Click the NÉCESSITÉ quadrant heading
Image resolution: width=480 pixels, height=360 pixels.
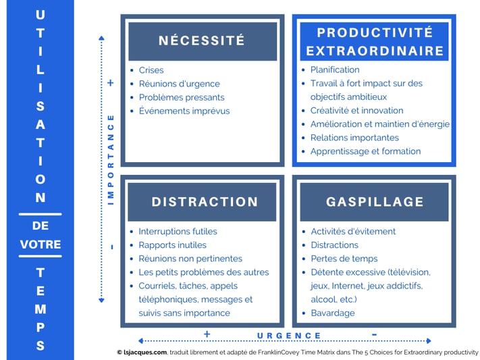(x=203, y=41)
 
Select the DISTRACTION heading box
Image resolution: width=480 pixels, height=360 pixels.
(x=202, y=202)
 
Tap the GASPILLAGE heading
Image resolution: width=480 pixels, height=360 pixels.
(x=375, y=202)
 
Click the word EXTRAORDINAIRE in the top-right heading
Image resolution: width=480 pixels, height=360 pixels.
(x=375, y=51)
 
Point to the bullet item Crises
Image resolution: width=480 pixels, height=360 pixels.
(x=151, y=70)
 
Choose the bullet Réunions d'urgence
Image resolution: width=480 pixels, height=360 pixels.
(x=180, y=84)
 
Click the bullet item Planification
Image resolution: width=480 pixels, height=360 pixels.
(x=335, y=70)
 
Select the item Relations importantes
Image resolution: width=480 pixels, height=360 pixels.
(x=354, y=138)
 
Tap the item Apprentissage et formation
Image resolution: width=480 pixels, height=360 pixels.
(x=365, y=151)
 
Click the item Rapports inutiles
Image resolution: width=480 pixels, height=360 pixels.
(x=172, y=245)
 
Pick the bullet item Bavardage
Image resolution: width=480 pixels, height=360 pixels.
(x=333, y=313)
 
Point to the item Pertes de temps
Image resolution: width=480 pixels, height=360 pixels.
(x=344, y=259)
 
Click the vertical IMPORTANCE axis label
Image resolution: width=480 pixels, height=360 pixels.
(x=111, y=160)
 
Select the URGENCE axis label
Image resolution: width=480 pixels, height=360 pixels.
(x=289, y=336)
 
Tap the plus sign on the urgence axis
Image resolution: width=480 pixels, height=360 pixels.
(x=207, y=334)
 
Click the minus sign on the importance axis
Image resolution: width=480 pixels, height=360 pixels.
(x=112, y=247)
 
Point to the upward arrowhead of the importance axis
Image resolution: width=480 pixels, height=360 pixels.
(x=102, y=38)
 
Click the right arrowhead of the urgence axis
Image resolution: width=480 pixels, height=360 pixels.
(x=429, y=340)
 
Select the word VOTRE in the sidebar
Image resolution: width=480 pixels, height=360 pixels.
(x=41, y=245)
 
